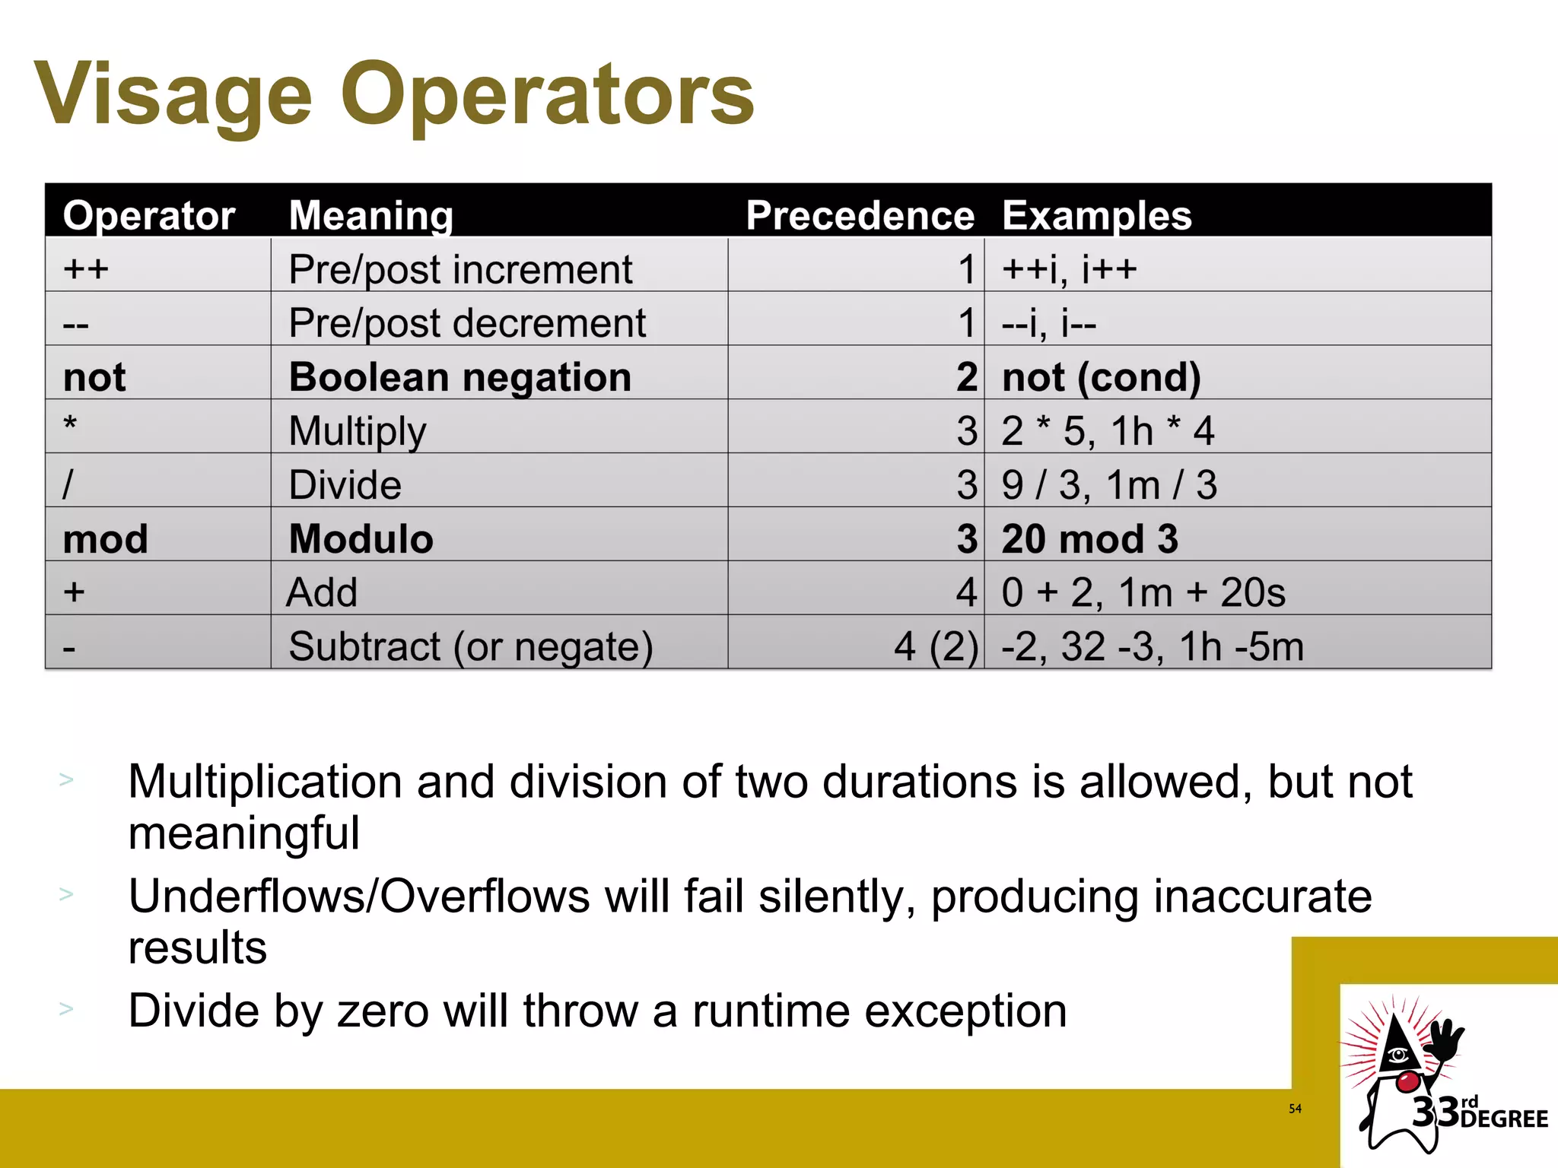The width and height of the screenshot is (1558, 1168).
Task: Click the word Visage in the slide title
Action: tap(173, 95)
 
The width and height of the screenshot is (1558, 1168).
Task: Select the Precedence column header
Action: tap(860, 215)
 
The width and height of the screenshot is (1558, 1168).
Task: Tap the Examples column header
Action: tap(1096, 215)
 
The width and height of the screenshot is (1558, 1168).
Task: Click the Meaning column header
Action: tap(371, 215)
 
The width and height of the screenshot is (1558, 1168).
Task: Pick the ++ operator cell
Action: tap(86, 268)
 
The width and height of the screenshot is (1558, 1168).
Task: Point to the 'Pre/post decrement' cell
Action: tap(467, 323)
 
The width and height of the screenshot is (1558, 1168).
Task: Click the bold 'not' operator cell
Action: tap(94, 377)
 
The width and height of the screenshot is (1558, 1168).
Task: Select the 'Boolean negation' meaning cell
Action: tap(460, 377)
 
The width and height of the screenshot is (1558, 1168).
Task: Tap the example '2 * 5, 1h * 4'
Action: tap(1108, 431)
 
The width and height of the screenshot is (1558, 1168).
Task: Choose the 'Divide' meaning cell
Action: tap(345, 485)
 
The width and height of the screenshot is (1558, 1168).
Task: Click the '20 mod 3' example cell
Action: tap(1089, 539)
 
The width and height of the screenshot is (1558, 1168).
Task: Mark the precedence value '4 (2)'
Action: tap(935, 647)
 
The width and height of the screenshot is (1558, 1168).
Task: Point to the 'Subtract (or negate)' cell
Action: tap(471, 647)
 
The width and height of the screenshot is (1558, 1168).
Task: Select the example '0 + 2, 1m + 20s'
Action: tap(1143, 592)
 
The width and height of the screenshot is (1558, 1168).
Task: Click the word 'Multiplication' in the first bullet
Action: tap(265, 782)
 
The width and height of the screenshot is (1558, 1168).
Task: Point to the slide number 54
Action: tap(1295, 1109)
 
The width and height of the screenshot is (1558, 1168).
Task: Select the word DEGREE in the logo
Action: tap(1504, 1119)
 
